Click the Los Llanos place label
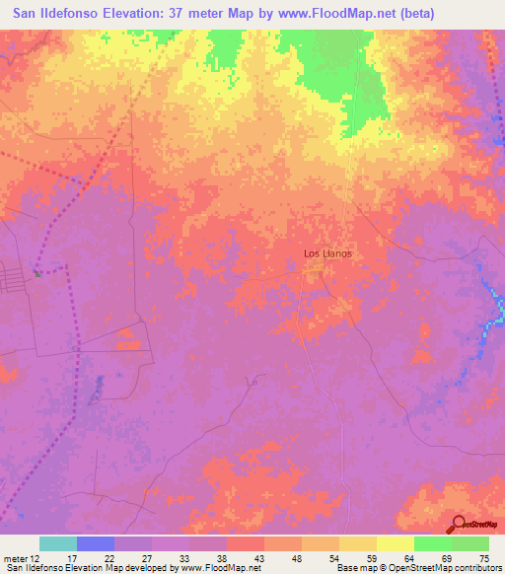(327, 253)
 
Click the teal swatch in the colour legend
(58, 543)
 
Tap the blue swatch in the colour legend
(96, 543)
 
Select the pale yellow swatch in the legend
(396, 543)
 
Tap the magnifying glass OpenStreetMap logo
(458, 524)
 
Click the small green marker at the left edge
(37, 274)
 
